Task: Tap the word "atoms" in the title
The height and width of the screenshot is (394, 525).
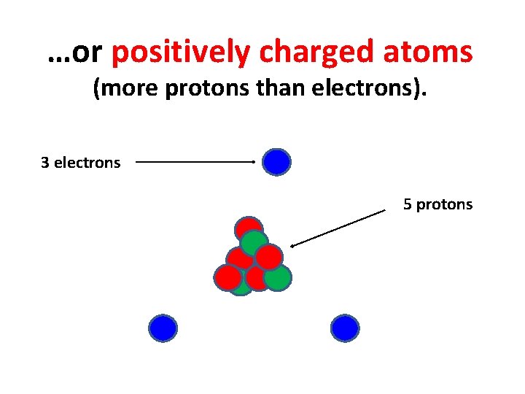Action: click(430, 53)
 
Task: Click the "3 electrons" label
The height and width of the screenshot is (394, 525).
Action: click(80, 163)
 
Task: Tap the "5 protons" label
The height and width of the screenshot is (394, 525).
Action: click(437, 204)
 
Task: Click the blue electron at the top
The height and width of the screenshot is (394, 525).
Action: click(277, 162)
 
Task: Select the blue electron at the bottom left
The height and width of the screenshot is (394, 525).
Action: click(163, 328)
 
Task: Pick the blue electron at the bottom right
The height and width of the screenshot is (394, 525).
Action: click(345, 328)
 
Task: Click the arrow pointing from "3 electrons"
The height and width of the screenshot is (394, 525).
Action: click(195, 162)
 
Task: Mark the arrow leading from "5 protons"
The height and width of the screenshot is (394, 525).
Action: click(338, 228)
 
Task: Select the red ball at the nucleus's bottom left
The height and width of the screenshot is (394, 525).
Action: click(227, 278)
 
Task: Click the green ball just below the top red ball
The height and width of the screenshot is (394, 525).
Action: click(254, 243)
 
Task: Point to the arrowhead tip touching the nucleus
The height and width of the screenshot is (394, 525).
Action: click(292, 246)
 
